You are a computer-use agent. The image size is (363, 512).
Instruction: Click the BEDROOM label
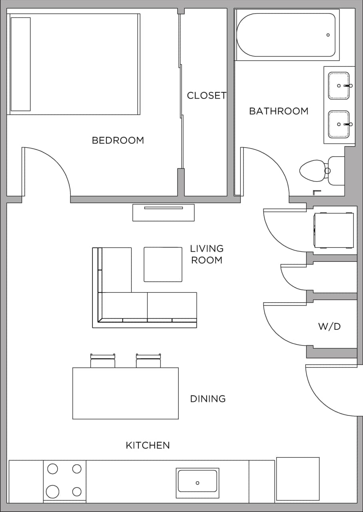click(x=118, y=141)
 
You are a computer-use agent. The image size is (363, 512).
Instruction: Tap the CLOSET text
click(x=206, y=96)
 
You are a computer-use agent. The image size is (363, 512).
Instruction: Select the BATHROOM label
click(x=279, y=111)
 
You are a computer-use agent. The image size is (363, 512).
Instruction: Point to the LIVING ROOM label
click(x=207, y=255)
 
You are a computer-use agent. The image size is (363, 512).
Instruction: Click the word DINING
click(x=207, y=399)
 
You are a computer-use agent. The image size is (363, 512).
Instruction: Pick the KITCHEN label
click(x=148, y=445)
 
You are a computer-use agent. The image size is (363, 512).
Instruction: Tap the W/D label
click(x=329, y=327)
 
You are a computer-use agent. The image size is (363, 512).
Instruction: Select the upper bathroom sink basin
click(x=339, y=86)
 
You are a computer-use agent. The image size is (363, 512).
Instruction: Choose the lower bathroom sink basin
click(x=339, y=124)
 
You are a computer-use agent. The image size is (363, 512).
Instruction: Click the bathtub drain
click(x=328, y=35)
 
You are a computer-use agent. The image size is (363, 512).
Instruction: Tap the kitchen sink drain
click(x=197, y=483)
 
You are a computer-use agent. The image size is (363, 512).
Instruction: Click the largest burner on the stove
click(x=52, y=491)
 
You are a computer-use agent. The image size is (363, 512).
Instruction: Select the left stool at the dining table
click(x=103, y=361)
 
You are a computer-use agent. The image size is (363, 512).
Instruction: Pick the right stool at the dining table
click(x=148, y=361)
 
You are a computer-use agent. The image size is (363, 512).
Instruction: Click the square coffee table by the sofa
click(x=163, y=264)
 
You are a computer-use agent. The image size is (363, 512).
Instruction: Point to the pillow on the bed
click(x=20, y=64)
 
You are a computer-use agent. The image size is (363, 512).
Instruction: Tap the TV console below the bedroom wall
click(x=164, y=213)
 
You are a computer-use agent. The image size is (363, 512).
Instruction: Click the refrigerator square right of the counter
click(x=298, y=479)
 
